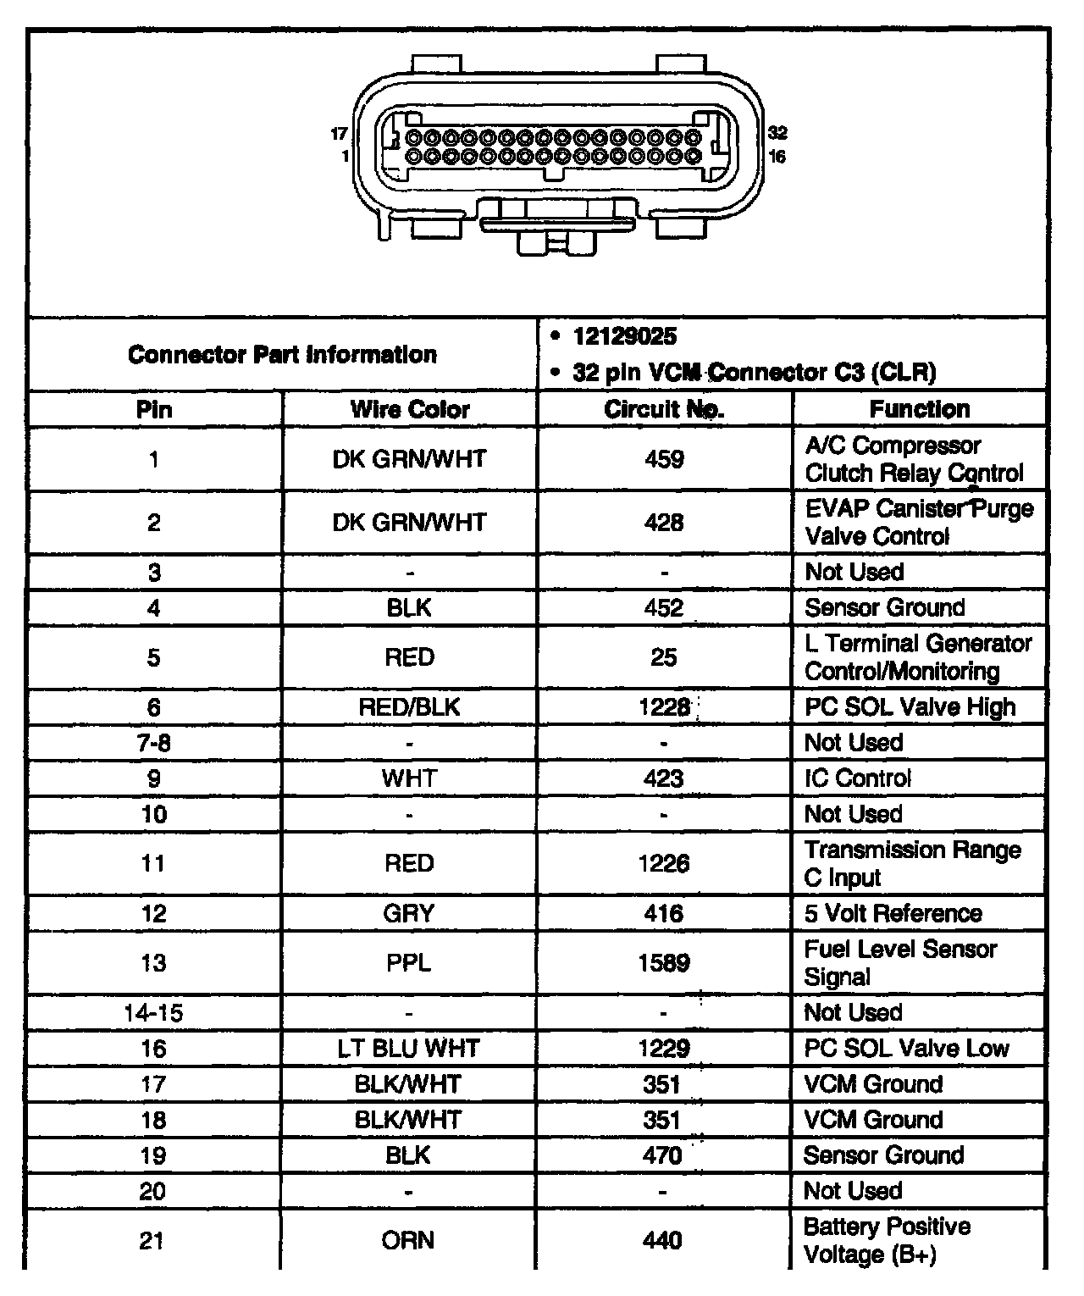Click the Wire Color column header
(410, 409)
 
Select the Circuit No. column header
(664, 409)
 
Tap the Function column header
(920, 409)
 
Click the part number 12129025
(625, 336)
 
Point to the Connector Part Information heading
(282, 354)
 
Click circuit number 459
(664, 459)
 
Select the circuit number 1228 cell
(664, 706)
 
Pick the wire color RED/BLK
(410, 706)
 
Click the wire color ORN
(408, 1240)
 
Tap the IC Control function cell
(858, 778)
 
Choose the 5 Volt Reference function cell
(893, 913)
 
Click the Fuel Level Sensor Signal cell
(899, 962)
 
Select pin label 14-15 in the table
(153, 1012)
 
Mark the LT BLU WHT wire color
(409, 1048)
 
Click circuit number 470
(662, 1155)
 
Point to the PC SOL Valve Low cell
(906, 1048)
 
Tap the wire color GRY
(409, 913)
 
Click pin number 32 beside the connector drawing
(777, 133)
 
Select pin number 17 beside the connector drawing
(339, 134)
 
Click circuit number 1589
(664, 962)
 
